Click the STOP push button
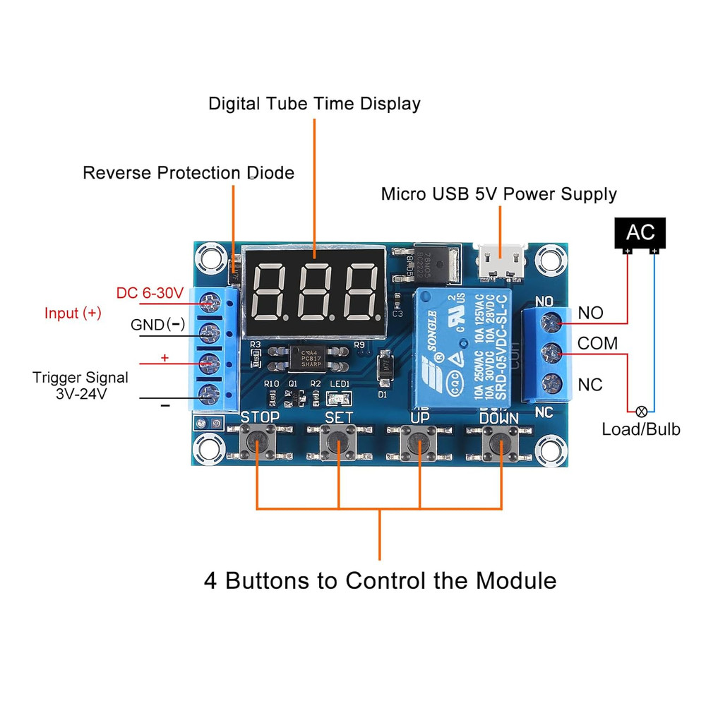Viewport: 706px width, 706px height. click(259, 443)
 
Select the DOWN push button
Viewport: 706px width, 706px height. click(500, 443)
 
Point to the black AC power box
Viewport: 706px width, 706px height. click(640, 232)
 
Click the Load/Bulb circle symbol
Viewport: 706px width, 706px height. click(642, 411)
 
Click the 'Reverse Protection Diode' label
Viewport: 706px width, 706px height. click(189, 173)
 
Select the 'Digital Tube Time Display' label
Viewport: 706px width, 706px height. click(314, 104)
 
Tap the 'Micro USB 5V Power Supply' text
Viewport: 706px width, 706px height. click(498, 194)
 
